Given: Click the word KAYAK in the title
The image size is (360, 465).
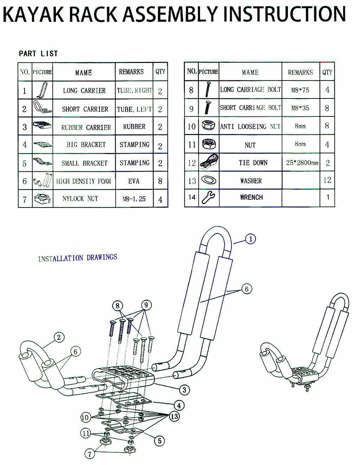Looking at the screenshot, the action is pos(33,14).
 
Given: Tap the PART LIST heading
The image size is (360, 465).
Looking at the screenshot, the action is pos(38,53).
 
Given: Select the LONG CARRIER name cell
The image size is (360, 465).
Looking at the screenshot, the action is pos(84,90).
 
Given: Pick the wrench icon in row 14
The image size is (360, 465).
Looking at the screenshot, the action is pos(208,197).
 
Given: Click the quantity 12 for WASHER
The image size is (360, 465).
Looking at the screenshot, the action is pos(327,180).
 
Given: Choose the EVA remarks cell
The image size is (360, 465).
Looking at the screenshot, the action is pos(134,181).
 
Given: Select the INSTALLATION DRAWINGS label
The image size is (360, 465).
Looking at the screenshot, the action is pos(78,258).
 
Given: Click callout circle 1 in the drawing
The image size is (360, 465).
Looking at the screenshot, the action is pos(251,239).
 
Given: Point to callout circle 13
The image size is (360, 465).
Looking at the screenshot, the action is pos(174,416).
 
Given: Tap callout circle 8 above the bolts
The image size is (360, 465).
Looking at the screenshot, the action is pos(117,306).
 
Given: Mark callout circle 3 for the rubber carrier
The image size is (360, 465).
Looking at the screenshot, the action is pos(184,390).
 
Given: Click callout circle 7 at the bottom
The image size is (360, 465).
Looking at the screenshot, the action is pos(90,454).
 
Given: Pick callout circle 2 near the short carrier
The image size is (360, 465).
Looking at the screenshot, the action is pos(59,337).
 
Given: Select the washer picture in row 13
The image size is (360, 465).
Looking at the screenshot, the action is pos(208,180).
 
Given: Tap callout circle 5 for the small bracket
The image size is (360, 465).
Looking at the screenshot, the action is pos(160,441).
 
